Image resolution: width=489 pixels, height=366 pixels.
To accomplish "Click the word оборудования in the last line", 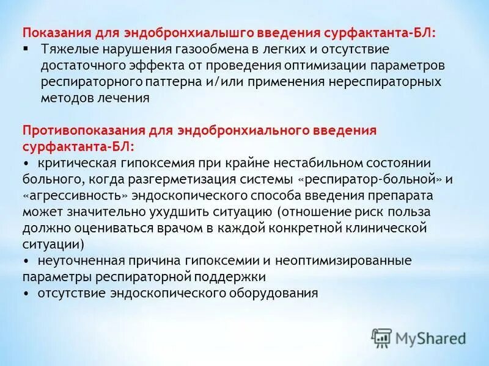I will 270,293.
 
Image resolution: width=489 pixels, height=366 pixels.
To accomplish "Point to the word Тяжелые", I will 68,48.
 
